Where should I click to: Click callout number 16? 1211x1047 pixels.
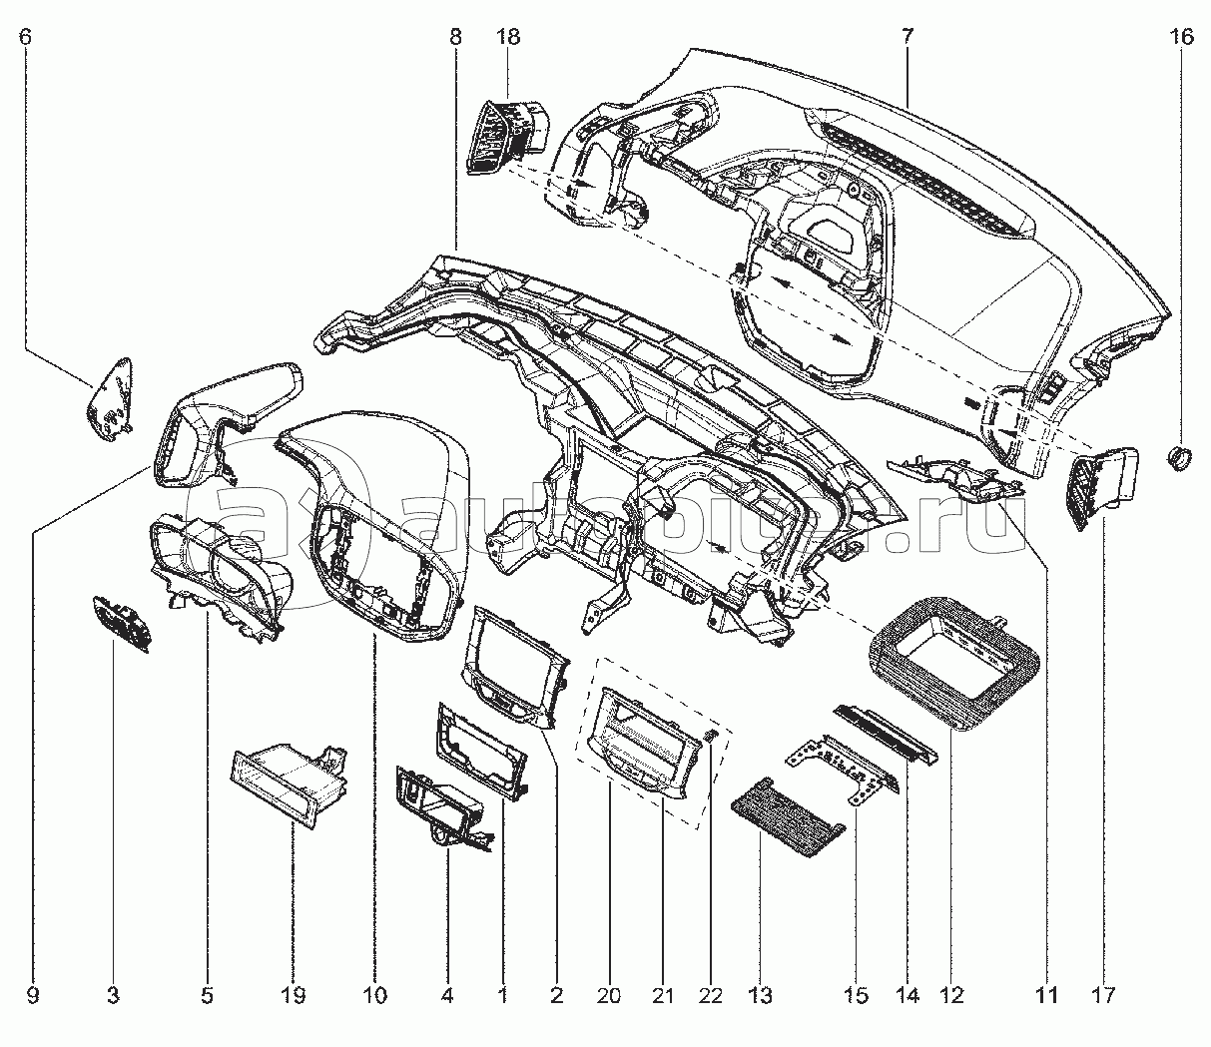tap(1181, 37)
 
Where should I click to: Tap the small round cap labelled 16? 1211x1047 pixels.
tap(1181, 459)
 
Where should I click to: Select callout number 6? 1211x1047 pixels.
tap(26, 37)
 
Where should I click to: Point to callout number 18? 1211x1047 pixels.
tap(507, 37)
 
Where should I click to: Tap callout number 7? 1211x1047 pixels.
tap(908, 37)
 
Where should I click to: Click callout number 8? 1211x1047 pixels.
tap(455, 37)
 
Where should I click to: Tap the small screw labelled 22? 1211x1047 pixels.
tap(711, 737)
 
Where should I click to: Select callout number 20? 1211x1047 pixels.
tap(609, 995)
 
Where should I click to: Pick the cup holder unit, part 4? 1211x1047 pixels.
tap(439, 802)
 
